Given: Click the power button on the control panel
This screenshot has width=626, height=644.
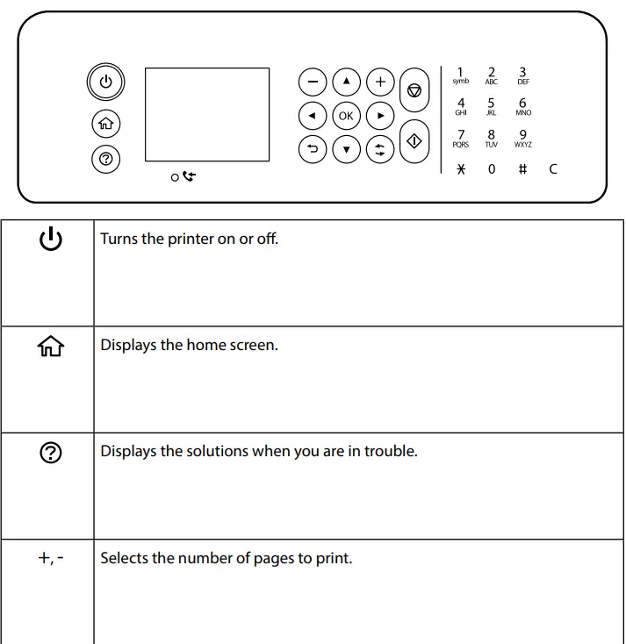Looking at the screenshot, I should point(105,82).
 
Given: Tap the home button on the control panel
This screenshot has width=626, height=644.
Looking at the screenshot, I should point(105,124).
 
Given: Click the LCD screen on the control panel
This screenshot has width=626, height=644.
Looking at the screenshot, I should point(206,114).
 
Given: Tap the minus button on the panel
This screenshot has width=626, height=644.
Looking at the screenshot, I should point(312,82).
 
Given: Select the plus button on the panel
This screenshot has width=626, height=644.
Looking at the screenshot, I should point(380,82).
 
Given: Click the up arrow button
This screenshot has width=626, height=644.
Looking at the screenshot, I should point(346,82).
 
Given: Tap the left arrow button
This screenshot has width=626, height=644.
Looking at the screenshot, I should point(312,116).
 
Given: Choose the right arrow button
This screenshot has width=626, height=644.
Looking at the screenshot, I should point(380,116).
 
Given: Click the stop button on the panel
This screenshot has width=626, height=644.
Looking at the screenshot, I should point(414,90).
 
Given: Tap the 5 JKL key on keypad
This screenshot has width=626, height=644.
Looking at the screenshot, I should point(491,106).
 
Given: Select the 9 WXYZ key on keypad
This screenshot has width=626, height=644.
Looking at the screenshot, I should point(523,139).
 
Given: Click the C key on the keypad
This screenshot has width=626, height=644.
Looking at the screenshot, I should point(553,168).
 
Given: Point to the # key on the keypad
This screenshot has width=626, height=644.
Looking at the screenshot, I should point(522,168).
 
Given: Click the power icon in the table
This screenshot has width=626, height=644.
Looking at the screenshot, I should point(51,239).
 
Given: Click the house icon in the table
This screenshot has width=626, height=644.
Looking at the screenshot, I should point(51,347).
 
